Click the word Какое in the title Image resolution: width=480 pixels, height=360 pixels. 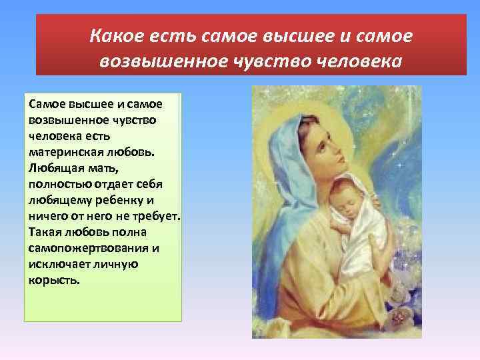[x=115, y=35]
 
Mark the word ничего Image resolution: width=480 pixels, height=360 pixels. [x=46, y=215]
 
